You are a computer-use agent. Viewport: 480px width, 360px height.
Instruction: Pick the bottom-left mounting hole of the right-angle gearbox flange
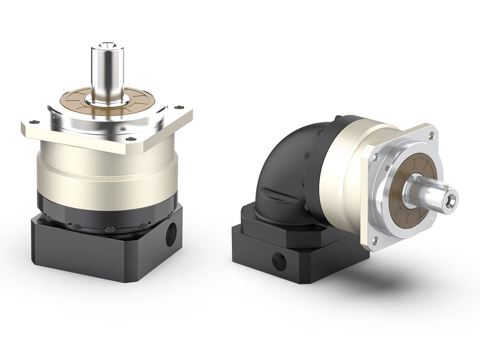point(376,240)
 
